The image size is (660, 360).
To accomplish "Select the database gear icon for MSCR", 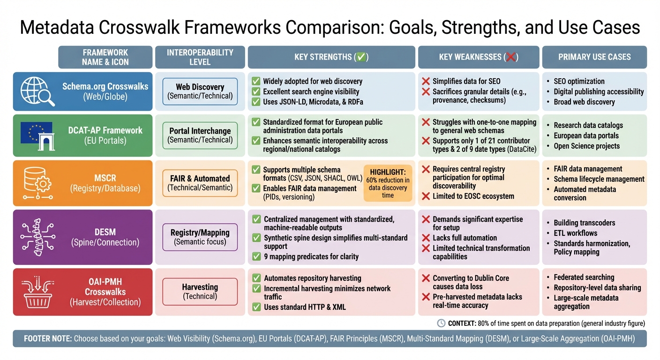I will [37, 183].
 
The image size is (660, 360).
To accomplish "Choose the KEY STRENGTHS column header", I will [331, 57].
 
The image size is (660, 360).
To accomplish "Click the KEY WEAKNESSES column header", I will [478, 57].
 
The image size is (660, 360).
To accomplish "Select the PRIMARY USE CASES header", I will [594, 57].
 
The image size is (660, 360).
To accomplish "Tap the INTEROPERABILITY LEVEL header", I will [200, 57].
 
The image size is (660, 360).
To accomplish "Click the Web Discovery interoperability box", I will [200, 91].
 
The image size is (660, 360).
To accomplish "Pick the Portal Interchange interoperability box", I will [200, 135].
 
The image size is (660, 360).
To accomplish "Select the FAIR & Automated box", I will [200, 183].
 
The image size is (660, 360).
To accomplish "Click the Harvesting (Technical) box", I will [200, 291].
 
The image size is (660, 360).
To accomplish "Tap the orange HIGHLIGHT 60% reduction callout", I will [388, 183].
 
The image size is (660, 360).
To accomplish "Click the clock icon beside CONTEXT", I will [441, 323].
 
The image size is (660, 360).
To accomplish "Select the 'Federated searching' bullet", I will [584, 277].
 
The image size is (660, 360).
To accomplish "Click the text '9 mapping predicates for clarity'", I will [311, 256].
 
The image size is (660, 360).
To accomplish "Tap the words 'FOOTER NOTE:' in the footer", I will [47, 338].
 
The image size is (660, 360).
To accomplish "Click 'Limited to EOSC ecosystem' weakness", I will [473, 196].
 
